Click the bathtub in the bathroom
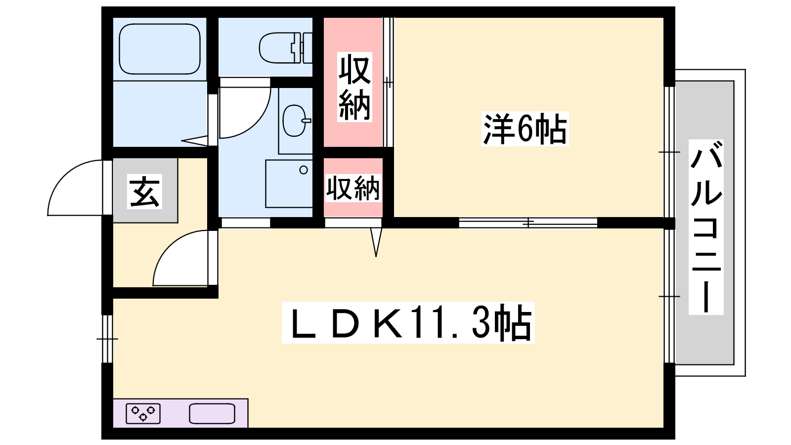pyautogui.click(x=160, y=49)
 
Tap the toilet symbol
pyautogui.click(x=286, y=48)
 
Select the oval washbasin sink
pyautogui.click(x=296, y=121)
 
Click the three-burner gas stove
pyautogui.click(x=143, y=413)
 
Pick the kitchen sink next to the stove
pyautogui.click(x=212, y=413)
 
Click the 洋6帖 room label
pyautogui.click(x=525, y=129)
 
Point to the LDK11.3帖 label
pyautogui.click(x=408, y=322)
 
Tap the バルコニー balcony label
pyautogui.click(x=706, y=227)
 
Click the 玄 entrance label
pyautogui.click(x=144, y=191)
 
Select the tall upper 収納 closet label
pyautogui.click(x=354, y=87)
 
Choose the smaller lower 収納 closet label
pyautogui.click(x=353, y=188)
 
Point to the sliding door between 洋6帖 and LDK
pyautogui.click(x=528, y=223)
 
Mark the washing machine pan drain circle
pyautogui.click(x=304, y=170)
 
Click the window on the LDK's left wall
pyautogui.click(x=107, y=339)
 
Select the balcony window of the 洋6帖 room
pyautogui.click(x=669, y=152)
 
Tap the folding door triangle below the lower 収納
pyautogui.click(x=376, y=242)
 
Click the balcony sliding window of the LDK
pyautogui.click(x=669, y=296)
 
